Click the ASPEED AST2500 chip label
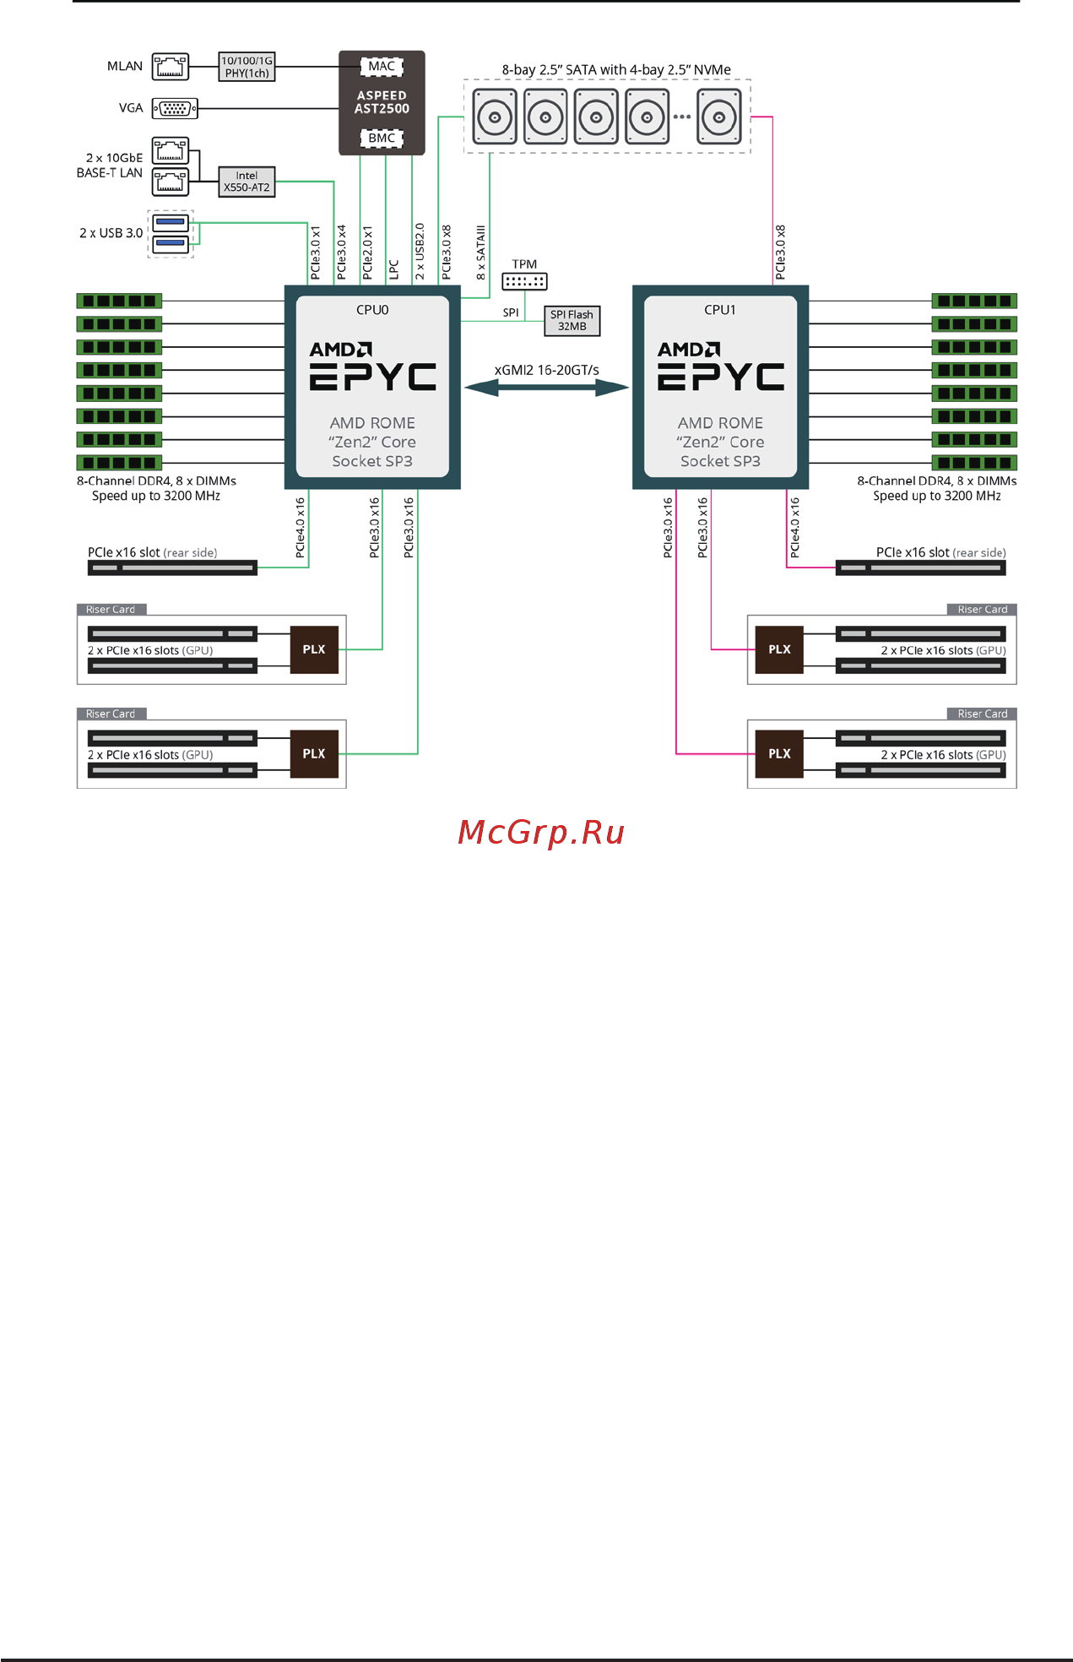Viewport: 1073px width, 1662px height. [x=382, y=102]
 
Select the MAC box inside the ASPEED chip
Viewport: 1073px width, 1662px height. [x=382, y=66]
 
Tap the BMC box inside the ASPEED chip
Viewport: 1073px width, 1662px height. [x=382, y=138]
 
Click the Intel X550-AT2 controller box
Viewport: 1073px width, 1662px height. [x=247, y=182]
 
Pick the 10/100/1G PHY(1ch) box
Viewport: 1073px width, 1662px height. [x=247, y=67]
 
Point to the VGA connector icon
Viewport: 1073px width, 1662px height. [x=175, y=108]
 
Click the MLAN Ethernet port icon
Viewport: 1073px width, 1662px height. [x=170, y=66]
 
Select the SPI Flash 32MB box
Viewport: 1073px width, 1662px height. [x=572, y=320]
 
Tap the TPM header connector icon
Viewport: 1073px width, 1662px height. [x=524, y=281]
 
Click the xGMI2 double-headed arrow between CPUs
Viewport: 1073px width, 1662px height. [x=546, y=388]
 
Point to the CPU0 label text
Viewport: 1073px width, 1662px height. [x=372, y=310]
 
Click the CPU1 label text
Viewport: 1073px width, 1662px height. [x=720, y=310]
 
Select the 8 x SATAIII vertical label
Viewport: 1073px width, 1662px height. [x=480, y=253]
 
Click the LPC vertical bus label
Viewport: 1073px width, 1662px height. [x=393, y=269]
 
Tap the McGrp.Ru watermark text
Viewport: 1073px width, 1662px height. [x=541, y=833]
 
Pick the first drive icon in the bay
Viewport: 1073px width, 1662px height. [x=495, y=117]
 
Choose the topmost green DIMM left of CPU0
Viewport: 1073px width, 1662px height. [x=119, y=301]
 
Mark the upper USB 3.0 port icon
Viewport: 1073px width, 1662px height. [x=171, y=222]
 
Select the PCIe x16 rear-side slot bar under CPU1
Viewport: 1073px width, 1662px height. [x=920, y=568]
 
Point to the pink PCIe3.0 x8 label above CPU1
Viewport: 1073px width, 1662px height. [x=780, y=253]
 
